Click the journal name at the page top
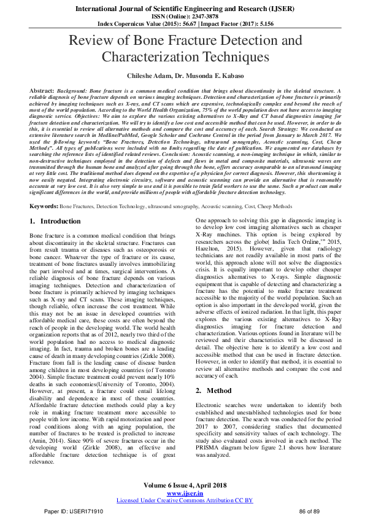pyautogui.click(x=182, y=9)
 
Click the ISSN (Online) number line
pyautogui.click(x=182, y=17)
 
